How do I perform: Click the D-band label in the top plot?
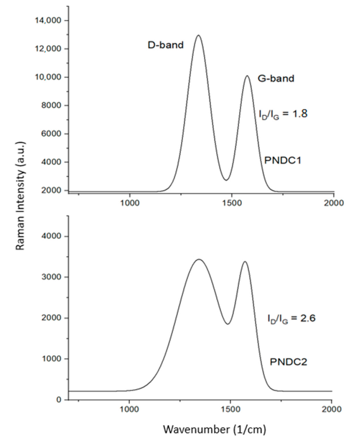pyautogui.click(x=165, y=45)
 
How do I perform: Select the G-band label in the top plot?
pyautogui.click(x=276, y=78)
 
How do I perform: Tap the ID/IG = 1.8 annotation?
pyautogui.click(x=283, y=114)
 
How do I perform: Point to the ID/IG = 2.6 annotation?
pyautogui.click(x=291, y=319)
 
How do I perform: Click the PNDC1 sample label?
pyautogui.click(x=283, y=161)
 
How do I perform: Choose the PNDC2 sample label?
pyautogui.click(x=288, y=362)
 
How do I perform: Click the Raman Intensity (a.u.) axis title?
pyautogui.click(x=21, y=196)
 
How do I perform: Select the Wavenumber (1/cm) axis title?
pyautogui.click(x=215, y=430)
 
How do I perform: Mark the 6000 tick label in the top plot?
pyautogui.click(x=51, y=134)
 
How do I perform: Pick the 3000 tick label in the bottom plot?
pyautogui.click(x=51, y=277)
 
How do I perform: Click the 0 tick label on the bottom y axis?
pyautogui.click(x=59, y=400)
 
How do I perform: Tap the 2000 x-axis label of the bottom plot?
pyautogui.click(x=331, y=409)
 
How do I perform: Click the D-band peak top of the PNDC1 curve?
pyautogui.click(x=198, y=35)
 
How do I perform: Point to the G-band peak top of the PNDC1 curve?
pyautogui.click(x=247, y=76)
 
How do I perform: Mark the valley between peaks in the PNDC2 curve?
pyautogui.click(x=228, y=324)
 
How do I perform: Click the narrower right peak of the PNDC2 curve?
pyautogui.click(x=245, y=261)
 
